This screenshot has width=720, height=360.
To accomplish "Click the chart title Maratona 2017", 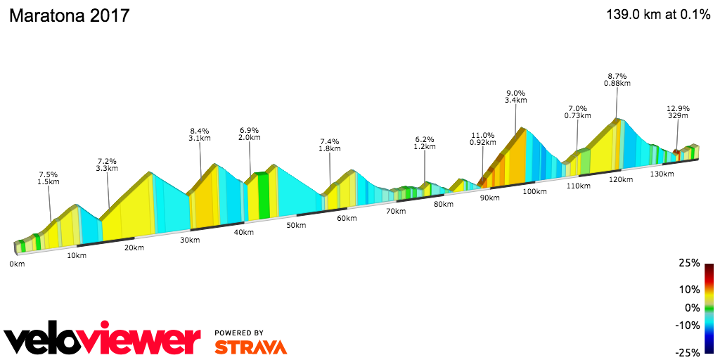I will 69,15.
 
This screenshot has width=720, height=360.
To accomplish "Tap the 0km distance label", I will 17,264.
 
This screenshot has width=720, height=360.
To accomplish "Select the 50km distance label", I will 296,225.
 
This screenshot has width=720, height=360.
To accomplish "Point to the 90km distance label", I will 489,198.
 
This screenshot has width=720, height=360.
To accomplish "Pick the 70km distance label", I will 396,211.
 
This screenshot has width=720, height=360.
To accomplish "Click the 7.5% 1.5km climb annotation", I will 48,179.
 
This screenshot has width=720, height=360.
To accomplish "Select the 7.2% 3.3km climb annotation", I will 107,165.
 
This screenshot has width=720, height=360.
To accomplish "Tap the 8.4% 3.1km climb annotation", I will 200,134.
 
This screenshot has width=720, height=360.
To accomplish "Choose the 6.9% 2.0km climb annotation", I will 250,134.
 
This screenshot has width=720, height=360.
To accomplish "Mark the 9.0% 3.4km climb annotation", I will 515,96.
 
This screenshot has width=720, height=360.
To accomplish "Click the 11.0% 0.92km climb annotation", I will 483,139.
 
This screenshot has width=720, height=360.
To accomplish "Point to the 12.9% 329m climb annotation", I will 678,112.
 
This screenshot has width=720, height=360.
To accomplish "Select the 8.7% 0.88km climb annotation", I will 617,79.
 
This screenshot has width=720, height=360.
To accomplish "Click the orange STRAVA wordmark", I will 250,347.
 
